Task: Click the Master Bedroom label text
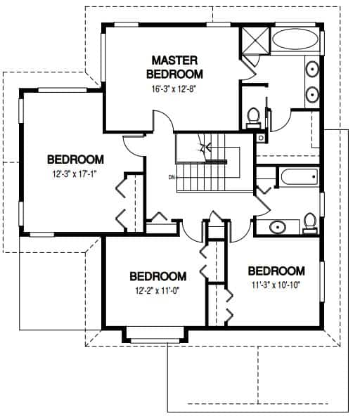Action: pos(174,67)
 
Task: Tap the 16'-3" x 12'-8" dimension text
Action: pos(174,89)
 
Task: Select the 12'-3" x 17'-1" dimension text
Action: pos(74,174)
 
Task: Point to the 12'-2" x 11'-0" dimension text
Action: pos(157,291)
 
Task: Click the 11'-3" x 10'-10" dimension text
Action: pos(276,285)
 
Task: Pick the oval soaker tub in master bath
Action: pos(295,39)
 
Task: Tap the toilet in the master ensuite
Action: pos(254,118)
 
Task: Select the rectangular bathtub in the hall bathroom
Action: pos(300,176)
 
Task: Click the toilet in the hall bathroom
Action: pos(310,223)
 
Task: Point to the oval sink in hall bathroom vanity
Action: pos(278,227)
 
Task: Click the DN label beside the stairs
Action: pos(172,177)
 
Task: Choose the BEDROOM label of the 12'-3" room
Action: pos(75,160)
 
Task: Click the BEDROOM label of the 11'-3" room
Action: pos(276,271)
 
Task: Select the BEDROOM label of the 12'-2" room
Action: pos(158,276)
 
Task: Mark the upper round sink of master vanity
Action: pos(312,70)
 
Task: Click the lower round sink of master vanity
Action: pos(312,94)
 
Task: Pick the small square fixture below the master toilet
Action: pos(261,138)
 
